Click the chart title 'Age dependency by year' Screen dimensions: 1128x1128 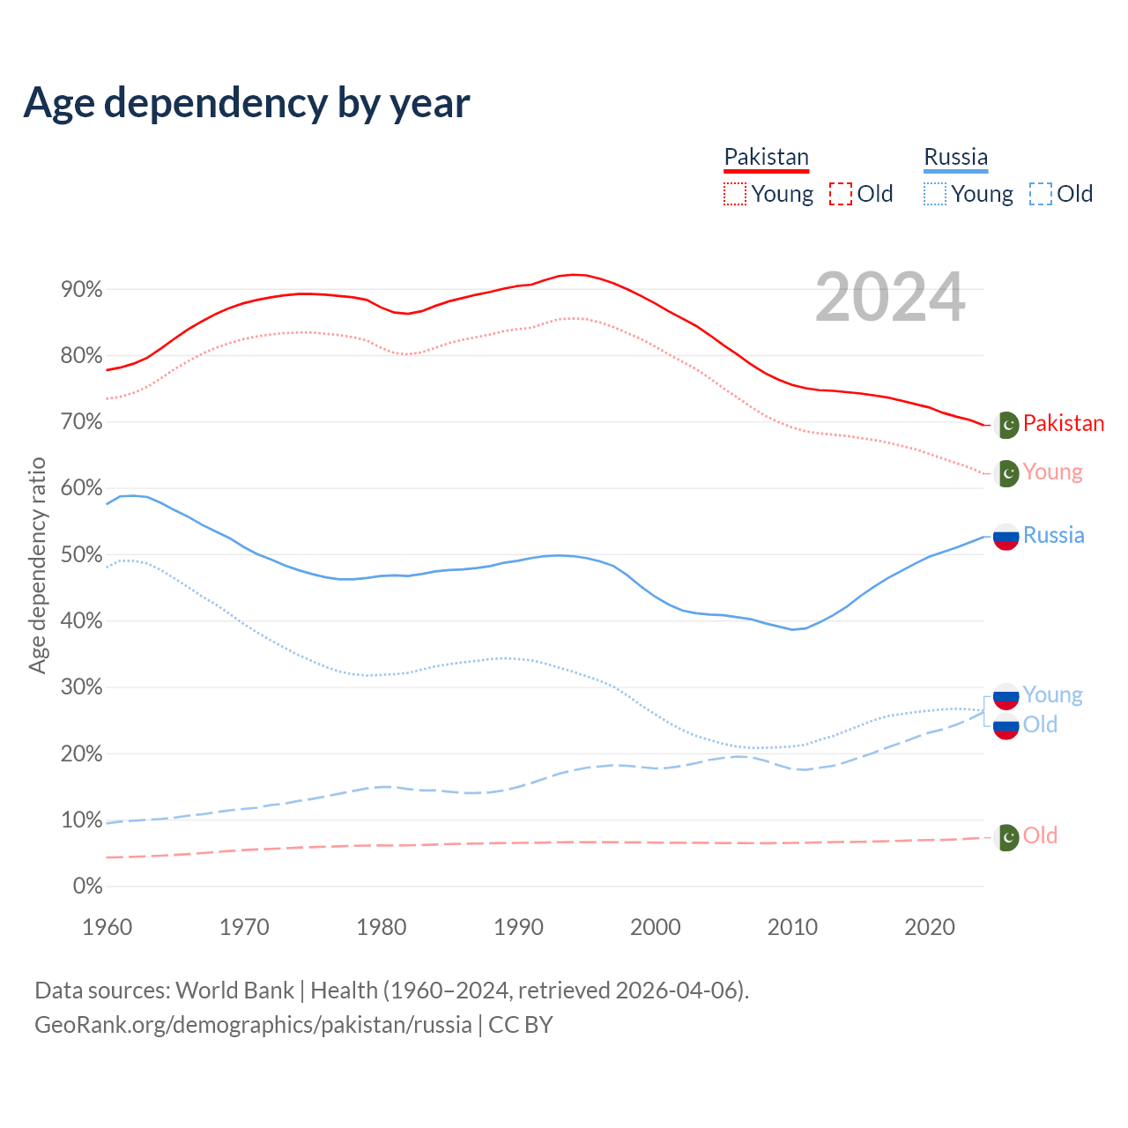coord(247,103)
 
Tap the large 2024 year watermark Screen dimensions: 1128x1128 coord(890,298)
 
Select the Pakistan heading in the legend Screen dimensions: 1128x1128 coord(766,157)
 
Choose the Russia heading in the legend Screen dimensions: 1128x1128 coord(955,157)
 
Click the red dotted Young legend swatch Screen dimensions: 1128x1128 coord(735,194)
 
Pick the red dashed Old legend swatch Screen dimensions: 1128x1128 coord(841,194)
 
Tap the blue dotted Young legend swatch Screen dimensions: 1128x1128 coord(935,194)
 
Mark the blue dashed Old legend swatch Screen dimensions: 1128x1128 coord(1041,194)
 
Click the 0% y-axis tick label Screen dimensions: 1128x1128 coord(87,887)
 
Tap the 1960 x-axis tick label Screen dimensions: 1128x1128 coord(107,927)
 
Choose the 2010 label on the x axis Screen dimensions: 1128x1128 coord(792,927)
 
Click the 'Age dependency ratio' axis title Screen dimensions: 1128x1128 coord(37,566)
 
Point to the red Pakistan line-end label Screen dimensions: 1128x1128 coord(1063,424)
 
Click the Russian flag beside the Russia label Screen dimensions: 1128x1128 coord(1006,536)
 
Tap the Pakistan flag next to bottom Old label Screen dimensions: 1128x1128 coord(1006,836)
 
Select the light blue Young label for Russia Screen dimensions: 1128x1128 coord(1052,695)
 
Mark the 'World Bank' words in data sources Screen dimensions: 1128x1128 coord(234,991)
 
